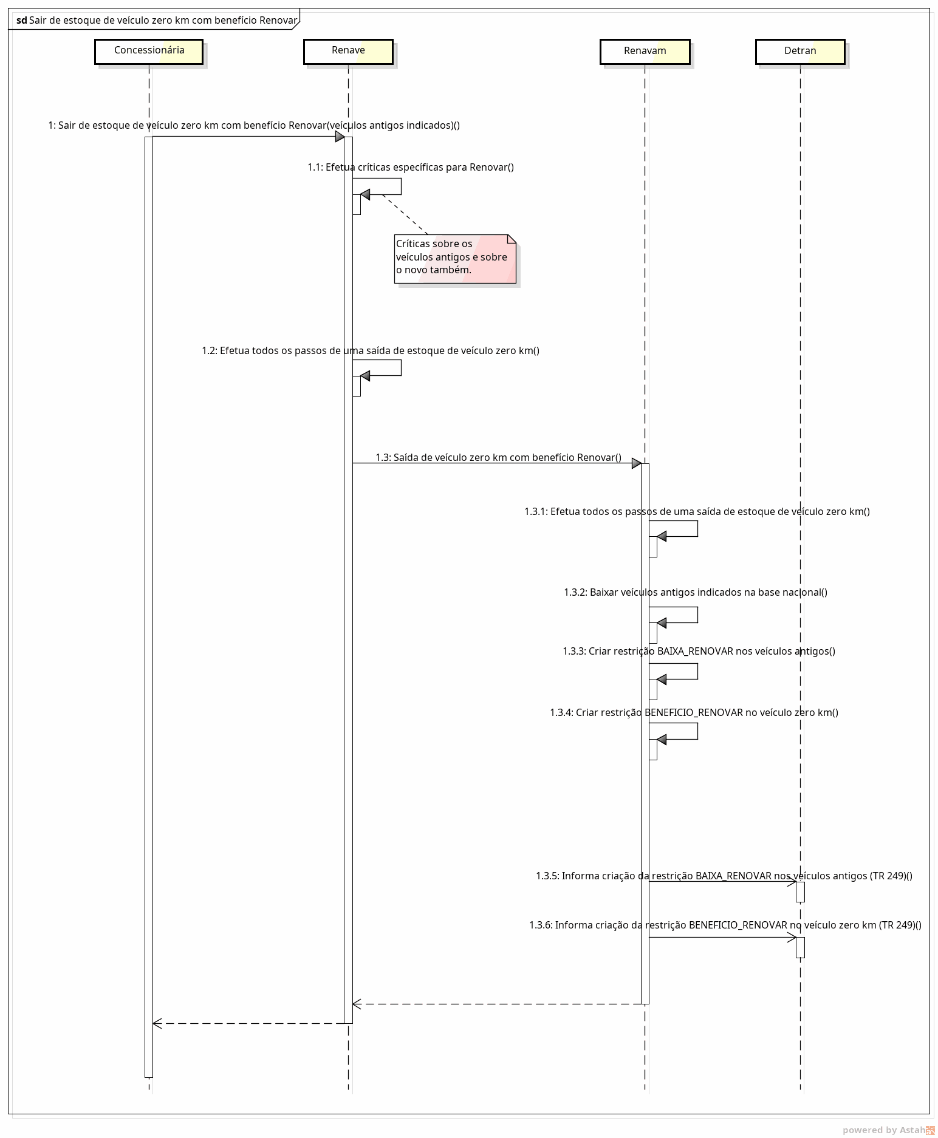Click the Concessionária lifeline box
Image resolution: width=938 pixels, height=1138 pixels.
(x=149, y=51)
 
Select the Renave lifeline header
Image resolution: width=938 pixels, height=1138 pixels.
(x=348, y=51)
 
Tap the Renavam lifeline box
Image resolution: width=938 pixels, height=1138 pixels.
(x=645, y=51)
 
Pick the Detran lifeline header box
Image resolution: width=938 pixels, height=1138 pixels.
(x=800, y=51)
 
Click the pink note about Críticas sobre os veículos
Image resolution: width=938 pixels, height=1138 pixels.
(x=455, y=259)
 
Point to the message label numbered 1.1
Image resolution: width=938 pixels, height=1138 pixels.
(x=411, y=167)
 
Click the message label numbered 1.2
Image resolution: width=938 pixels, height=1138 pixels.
(x=371, y=350)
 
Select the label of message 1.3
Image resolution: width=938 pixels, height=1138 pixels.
(x=498, y=457)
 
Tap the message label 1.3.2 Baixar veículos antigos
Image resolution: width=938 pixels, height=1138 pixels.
(x=696, y=592)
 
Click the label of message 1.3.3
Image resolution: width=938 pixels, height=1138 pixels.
(x=699, y=651)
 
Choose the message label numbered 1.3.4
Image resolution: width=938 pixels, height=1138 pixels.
(x=694, y=712)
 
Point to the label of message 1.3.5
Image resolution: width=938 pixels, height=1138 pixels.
(x=724, y=876)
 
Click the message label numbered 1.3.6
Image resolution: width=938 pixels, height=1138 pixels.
(x=725, y=925)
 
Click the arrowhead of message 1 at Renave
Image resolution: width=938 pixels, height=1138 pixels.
(x=340, y=137)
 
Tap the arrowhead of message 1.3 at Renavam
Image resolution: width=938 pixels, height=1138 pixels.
(x=637, y=463)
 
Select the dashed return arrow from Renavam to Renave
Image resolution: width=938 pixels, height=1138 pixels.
(x=497, y=1004)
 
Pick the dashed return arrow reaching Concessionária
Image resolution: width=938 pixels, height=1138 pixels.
(x=248, y=1023)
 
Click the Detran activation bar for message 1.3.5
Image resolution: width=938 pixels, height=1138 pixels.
(x=800, y=891)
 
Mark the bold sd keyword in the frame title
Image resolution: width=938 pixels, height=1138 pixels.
(x=22, y=20)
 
